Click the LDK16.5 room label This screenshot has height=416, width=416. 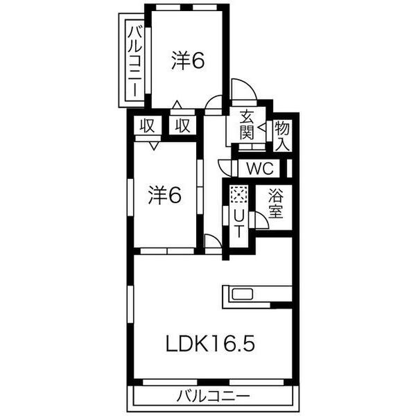pyautogui.click(x=210, y=343)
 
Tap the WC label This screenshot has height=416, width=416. pyautogui.click(x=260, y=168)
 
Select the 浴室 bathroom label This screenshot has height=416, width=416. pyautogui.click(x=276, y=203)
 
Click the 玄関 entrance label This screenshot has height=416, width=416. pyautogui.click(x=247, y=125)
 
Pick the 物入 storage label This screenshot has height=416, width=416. pyautogui.click(x=282, y=136)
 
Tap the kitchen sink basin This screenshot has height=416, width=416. pyautogui.click(x=243, y=295)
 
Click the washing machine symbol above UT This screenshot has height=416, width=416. pyautogui.click(x=239, y=194)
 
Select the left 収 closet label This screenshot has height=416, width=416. pyautogui.click(x=147, y=125)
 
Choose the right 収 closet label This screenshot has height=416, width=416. pyautogui.click(x=183, y=125)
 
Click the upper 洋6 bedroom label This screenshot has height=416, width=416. pyautogui.click(x=188, y=61)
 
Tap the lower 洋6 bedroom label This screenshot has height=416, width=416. pyautogui.click(x=165, y=195)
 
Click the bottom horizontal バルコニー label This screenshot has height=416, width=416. pyautogui.click(x=214, y=397)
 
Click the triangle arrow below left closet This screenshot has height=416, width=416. pyautogui.click(x=154, y=146)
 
